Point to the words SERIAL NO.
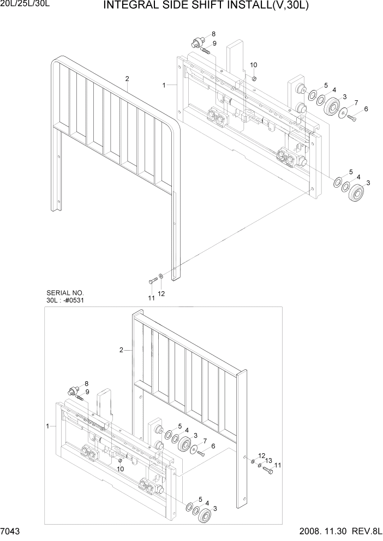(x=63, y=293)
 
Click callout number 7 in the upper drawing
(x=356, y=102)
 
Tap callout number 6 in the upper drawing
(x=366, y=109)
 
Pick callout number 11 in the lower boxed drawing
(x=278, y=465)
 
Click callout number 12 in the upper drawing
(x=161, y=294)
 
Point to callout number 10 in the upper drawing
(x=253, y=65)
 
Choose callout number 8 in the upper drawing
(x=213, y=34)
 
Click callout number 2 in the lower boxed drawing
(x=121, y=349)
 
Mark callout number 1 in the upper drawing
(x=164, y=85)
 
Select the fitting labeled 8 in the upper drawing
(x=197, y=43)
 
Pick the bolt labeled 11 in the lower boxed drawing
(x=267, y=468)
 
